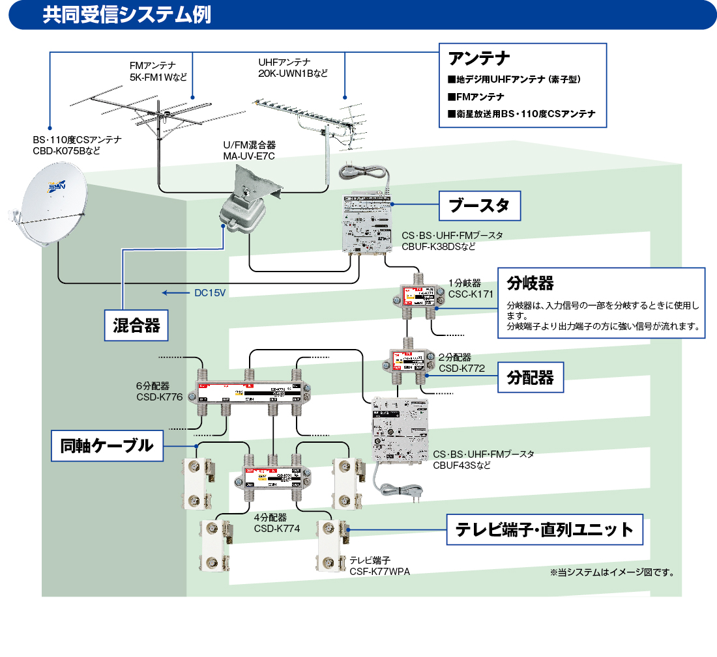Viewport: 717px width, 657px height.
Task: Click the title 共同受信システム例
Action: (127, 16)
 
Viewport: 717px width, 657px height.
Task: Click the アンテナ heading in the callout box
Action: (478, 59)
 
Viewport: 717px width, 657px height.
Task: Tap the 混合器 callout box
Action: (136, 325)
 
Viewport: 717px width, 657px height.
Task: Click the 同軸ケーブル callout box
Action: (107, 446)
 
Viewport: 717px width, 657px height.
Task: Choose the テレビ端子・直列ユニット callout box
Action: (544, 529)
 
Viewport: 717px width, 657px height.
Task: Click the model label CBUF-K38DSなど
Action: (439, 247)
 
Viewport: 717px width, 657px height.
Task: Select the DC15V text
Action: (210, 293)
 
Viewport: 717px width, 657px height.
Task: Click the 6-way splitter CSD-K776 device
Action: (248, 395)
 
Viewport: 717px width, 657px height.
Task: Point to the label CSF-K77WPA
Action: (380, 571)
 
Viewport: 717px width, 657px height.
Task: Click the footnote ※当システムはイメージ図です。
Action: (612, 573)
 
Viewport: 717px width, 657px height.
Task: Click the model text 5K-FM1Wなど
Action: (158, 77)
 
